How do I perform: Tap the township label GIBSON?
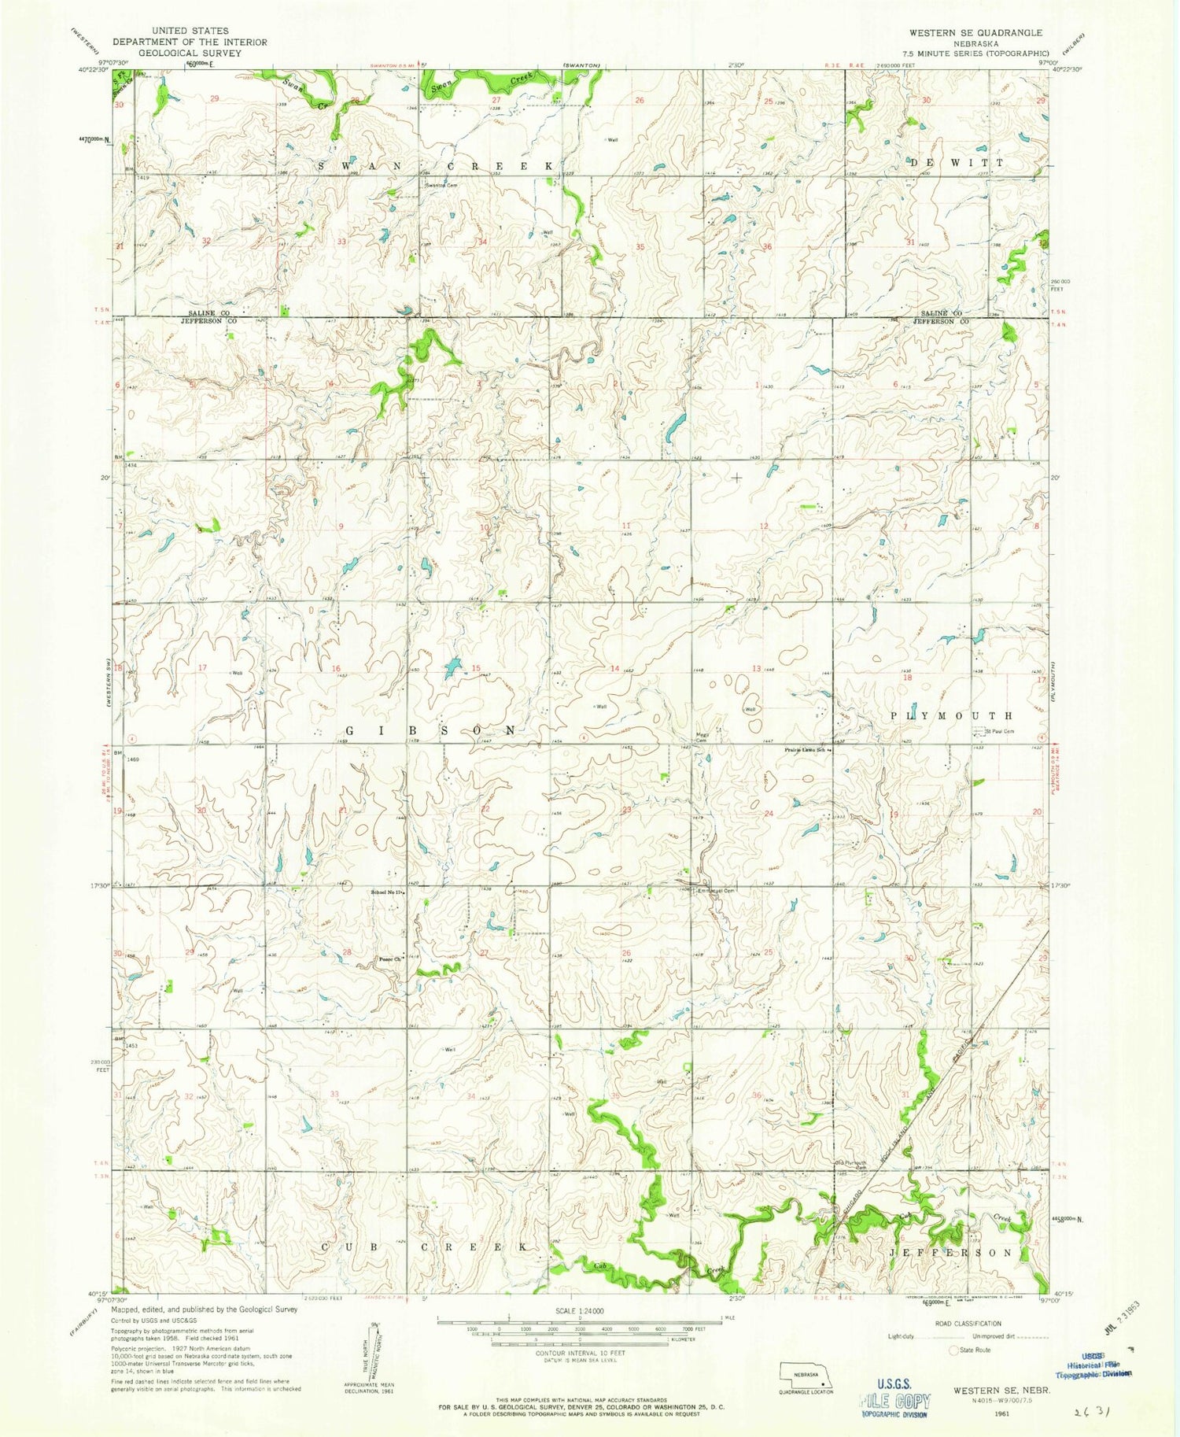(x=431, y=730)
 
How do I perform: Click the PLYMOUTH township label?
(x=952, y=715)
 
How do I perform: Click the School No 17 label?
(x=387, y=892)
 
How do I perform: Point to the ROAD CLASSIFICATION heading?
(x=968, y=1324)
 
